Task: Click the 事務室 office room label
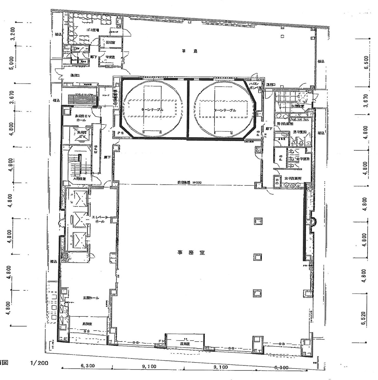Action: click(x=191, y=253)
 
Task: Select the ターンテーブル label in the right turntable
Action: click(x=225, y=110)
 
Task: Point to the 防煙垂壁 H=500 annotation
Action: click(x=187, y=182)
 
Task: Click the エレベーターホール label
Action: click(x=100, y=219)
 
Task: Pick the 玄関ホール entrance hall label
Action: click(x=91, y=298)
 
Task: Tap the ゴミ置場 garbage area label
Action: click(x=93, y=30)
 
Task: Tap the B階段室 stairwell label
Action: click(x=298, y=106)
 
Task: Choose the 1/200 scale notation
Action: click(x=39, y=363)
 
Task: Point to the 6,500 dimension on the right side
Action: click(x=367, y=63)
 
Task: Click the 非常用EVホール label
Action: click(x=83, y=118)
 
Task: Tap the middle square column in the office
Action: click(x=257, y=257)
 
